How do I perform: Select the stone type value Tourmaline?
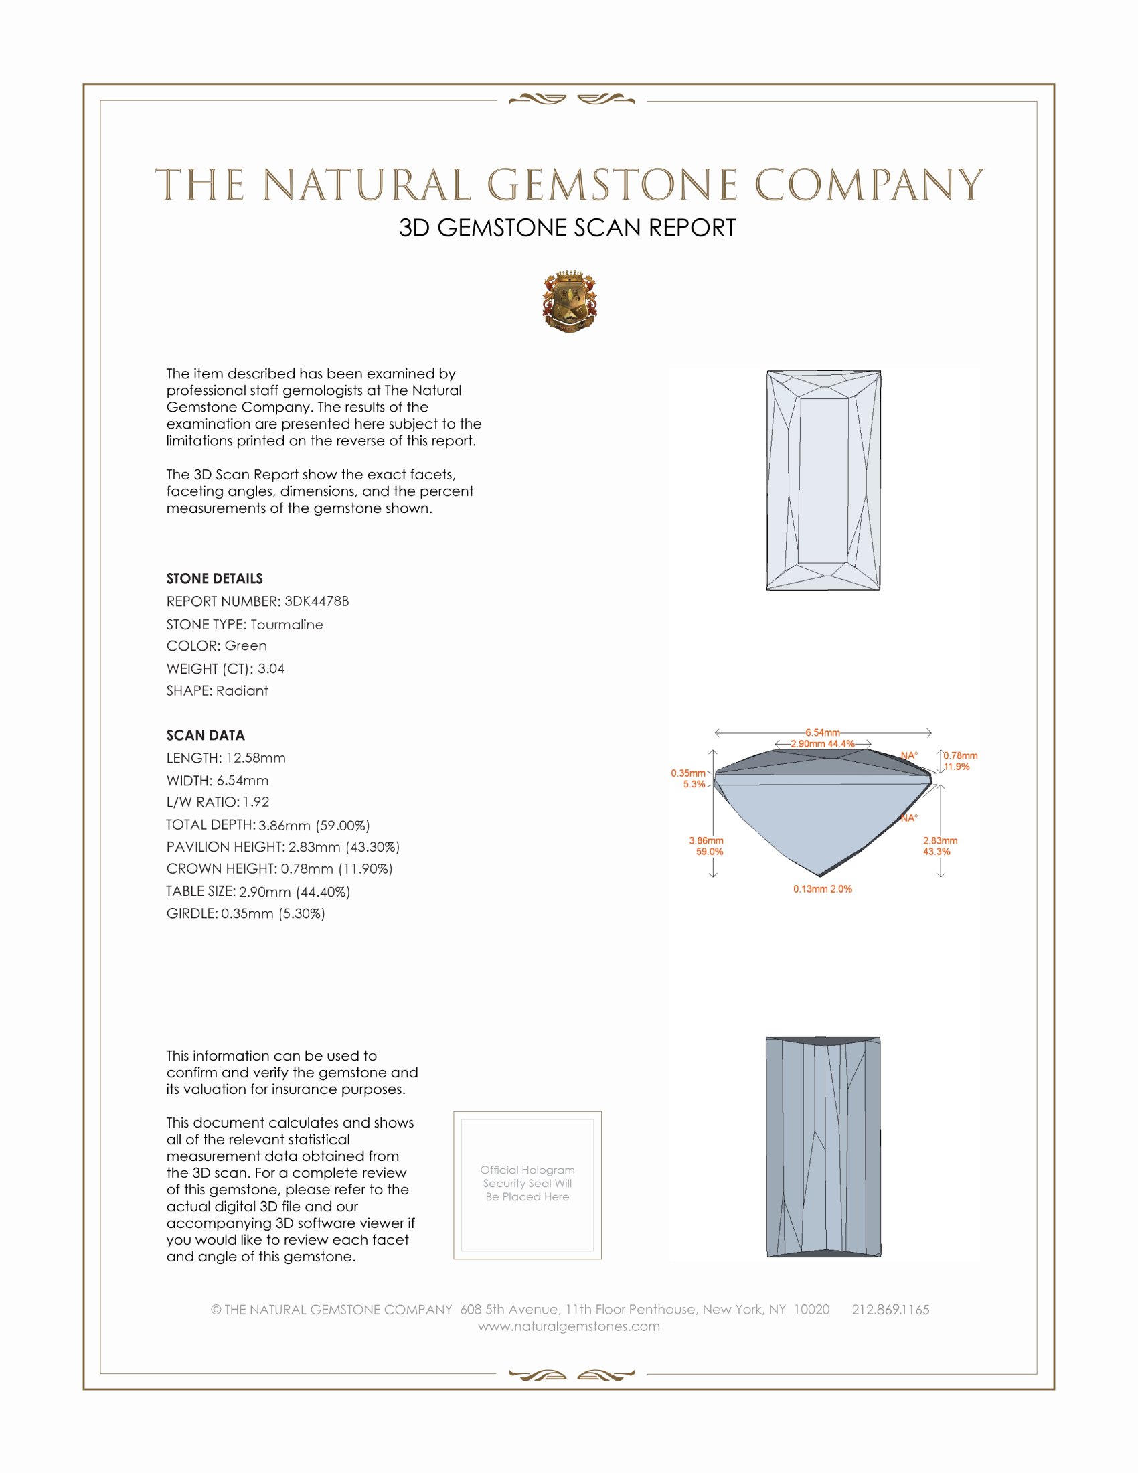[x=287, y=625]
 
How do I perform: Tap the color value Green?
[x=246, y=646]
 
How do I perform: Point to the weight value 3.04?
[x=271, y=668]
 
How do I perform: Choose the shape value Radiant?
[x=242, y=691]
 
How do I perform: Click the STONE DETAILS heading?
[x=214, y=578]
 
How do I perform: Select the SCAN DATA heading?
[x=206, y=735]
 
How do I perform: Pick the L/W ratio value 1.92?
[x=256, y=803]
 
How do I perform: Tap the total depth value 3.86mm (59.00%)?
[x=314, y=825]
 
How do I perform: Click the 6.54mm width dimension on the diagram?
[x=823, y=732]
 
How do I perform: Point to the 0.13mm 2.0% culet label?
[x=823, y=889]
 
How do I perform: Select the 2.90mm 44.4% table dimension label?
[x=823, y=743]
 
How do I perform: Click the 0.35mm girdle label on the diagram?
[x=687, y=773]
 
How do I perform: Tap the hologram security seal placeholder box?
[x=527, y=1185]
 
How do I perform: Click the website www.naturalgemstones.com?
[x=569, y=1326]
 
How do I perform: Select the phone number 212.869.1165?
[x=890, y=1309]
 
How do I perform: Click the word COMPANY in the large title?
[x=869, y=185]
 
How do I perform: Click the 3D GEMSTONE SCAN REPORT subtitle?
[x=567, y=228]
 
